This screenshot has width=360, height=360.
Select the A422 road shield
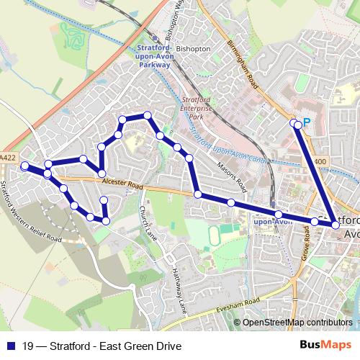[x=8, y=158]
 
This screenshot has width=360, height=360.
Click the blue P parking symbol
[x=307, y=123]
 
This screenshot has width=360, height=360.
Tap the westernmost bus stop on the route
[x=24, y=166]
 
